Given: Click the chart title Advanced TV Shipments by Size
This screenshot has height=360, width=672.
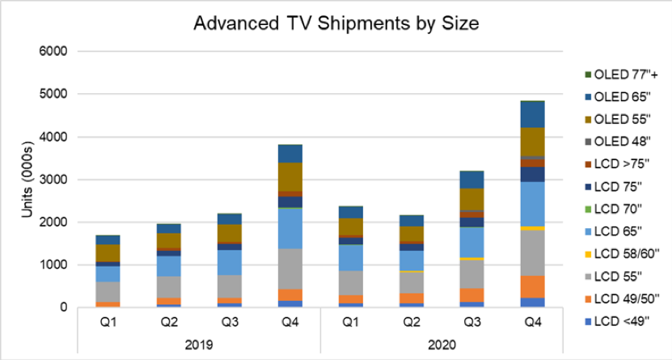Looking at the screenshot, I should click(336, 23).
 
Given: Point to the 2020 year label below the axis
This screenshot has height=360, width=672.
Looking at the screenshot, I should click(442, 345).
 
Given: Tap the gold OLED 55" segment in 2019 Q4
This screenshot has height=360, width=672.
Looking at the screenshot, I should click(289, 177).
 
